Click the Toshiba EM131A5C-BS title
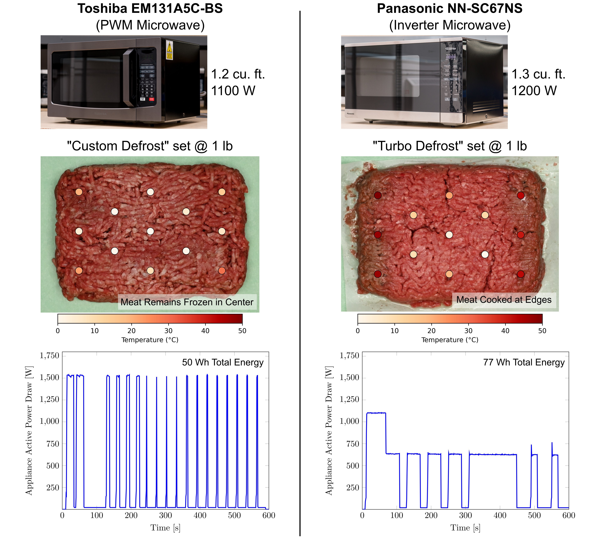(150, 9)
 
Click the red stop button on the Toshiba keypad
(152, 99)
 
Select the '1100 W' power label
(233, 91)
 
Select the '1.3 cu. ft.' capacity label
(538, 74)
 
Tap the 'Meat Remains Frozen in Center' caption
(187, 302)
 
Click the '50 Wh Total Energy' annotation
(223, 362)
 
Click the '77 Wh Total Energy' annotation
(524, 362)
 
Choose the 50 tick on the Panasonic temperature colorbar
(542, 331)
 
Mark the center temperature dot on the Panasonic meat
(449, 235)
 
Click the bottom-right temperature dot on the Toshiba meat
(222, 271)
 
